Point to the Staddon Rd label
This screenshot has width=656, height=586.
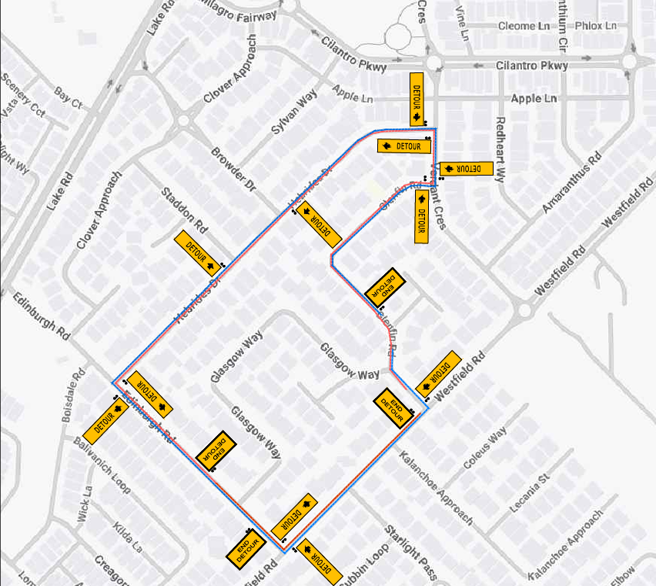(185, 209)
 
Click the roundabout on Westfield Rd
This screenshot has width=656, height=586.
(525, 310)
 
